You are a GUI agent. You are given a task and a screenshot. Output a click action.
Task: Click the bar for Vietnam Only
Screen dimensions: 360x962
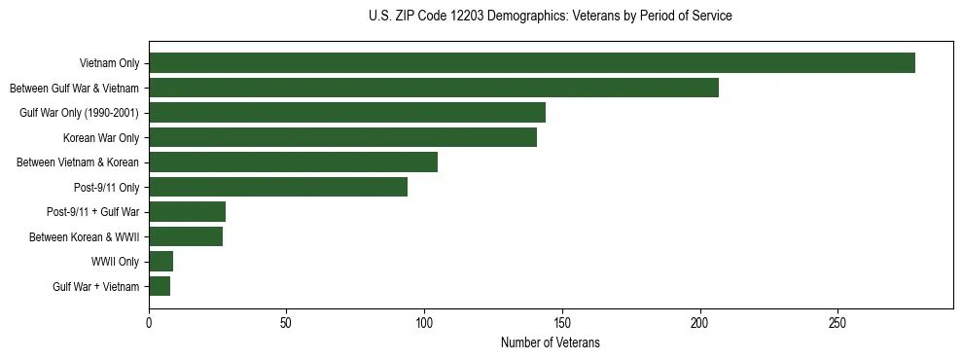pos(532,63)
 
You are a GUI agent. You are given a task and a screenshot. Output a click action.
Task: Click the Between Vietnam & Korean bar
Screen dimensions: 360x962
pos(293,162)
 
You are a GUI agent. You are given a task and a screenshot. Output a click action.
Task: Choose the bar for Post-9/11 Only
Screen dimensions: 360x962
pos(278,187)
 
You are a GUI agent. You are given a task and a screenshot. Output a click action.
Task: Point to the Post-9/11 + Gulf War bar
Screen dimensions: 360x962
pos(187,212)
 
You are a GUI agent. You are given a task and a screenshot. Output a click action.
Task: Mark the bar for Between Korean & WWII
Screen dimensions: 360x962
pos(186,236)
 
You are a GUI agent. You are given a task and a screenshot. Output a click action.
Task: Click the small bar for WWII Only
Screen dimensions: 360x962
pos(161,262)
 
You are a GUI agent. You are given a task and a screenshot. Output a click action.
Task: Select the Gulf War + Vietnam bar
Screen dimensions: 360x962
pos(160,286)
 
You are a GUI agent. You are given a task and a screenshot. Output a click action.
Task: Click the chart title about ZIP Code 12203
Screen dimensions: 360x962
pos(551,17)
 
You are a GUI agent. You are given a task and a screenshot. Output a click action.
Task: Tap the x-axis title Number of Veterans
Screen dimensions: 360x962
pos(551,343)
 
